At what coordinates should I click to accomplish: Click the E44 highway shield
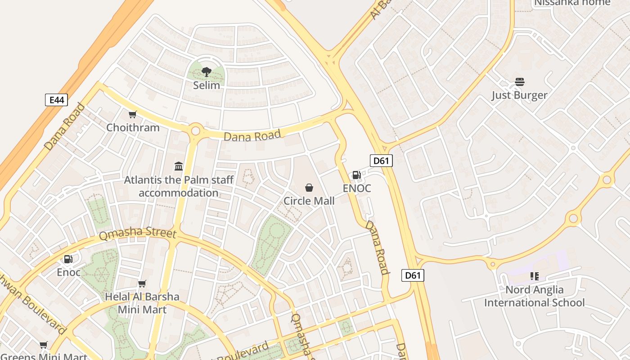56,100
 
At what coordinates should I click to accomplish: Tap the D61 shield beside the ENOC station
381,161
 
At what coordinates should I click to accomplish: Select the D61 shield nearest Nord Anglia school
412,275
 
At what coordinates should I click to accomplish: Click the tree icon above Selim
207,72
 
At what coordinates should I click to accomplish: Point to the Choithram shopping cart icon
132,115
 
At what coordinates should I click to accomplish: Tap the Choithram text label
133,127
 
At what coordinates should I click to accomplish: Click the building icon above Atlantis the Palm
179,166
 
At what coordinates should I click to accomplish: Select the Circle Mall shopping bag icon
309,187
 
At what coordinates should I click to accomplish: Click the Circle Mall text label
309,201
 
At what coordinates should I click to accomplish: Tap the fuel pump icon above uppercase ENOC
356,175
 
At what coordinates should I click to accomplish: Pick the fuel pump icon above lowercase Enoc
68,259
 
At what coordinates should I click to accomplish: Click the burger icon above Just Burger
520,82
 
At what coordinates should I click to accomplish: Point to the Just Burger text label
519,95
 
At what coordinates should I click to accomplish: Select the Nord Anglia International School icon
534,276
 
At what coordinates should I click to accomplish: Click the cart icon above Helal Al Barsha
142,283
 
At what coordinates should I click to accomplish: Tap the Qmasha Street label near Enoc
137,233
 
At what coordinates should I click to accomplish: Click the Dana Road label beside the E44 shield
64,126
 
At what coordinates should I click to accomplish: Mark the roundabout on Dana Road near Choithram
195,131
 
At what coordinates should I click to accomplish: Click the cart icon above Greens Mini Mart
44,345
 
